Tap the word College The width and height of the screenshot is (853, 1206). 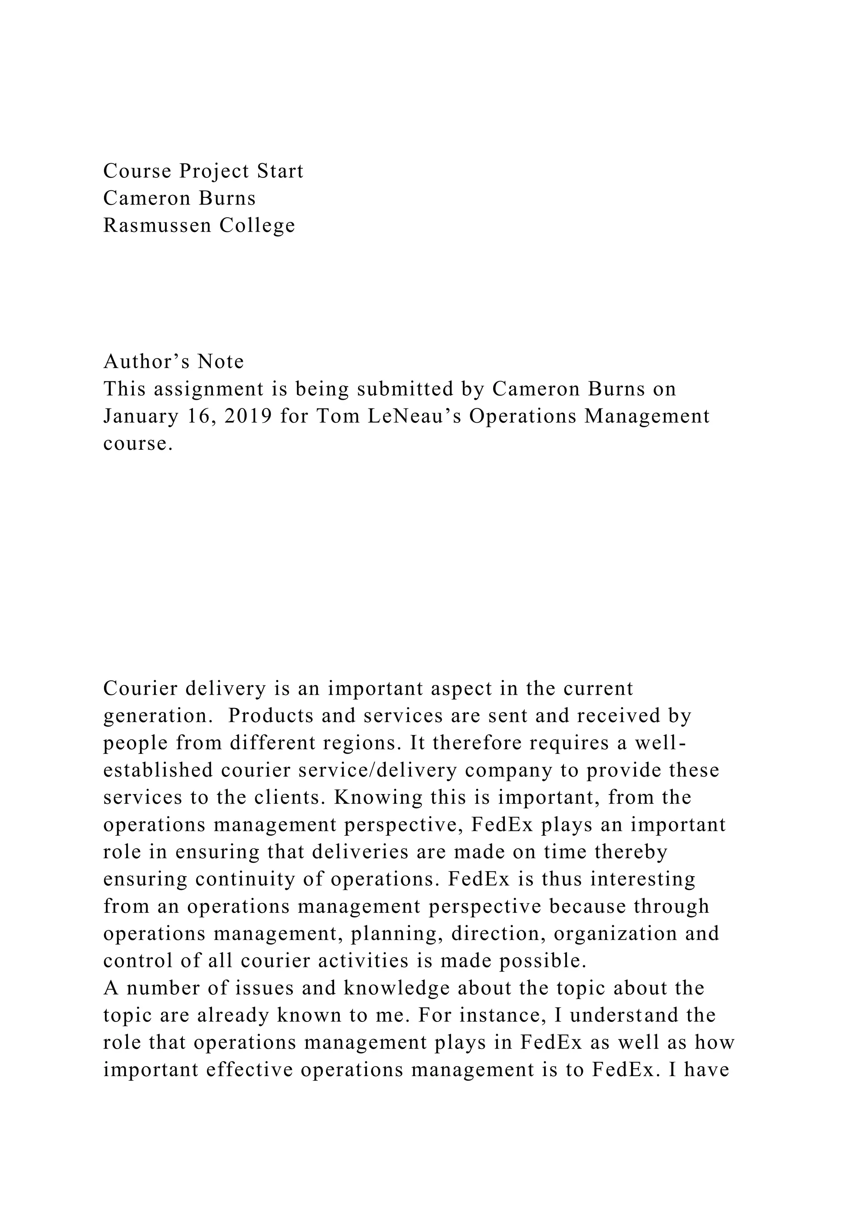point(257,225)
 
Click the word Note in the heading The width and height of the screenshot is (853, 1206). point(221,361)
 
